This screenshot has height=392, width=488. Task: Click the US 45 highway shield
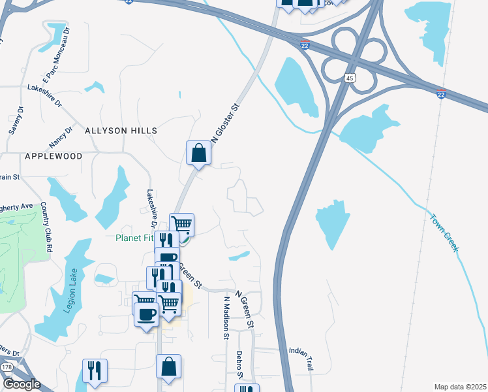click(351, 78)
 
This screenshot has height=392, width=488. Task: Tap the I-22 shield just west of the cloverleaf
click(305, 44)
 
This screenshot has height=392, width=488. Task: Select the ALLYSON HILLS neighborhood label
click(121, 131)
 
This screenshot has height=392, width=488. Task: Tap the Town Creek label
click(444, 231)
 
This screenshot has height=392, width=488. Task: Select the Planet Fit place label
click(134, 238)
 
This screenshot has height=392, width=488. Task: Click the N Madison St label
click(226, 318)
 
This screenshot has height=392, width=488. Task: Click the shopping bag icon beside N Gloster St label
click(198, 154)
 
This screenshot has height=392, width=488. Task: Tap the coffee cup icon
click(146, 315)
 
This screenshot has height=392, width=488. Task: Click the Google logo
click(21, 385)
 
